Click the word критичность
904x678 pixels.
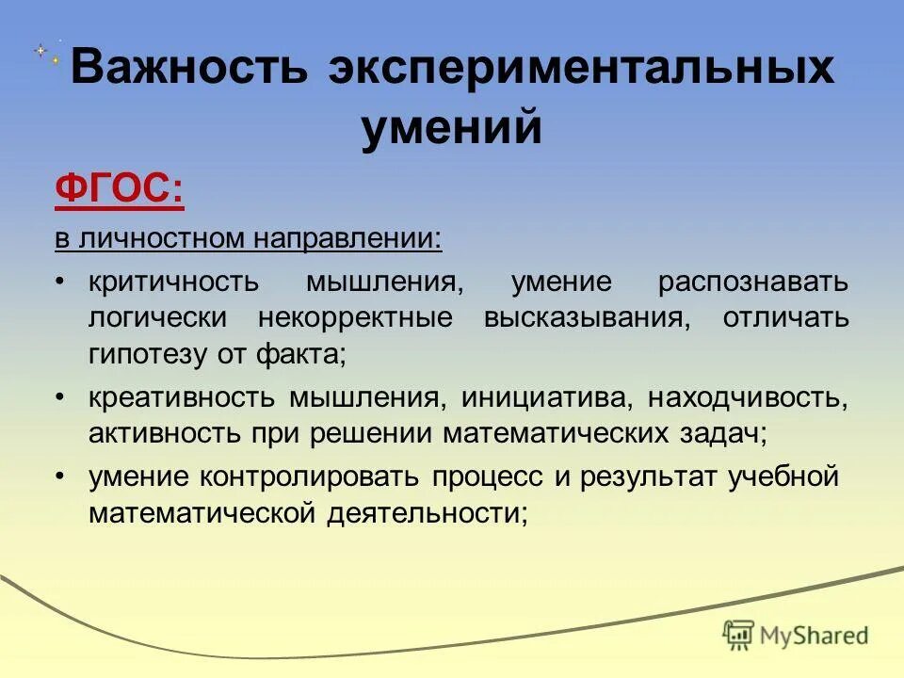(x=172, y=282)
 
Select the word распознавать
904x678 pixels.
(x=753, y=282)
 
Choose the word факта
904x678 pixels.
(x=305, y=353)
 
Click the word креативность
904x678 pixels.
(x=183, y=397)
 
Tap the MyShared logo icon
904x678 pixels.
(x=739, y=635)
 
